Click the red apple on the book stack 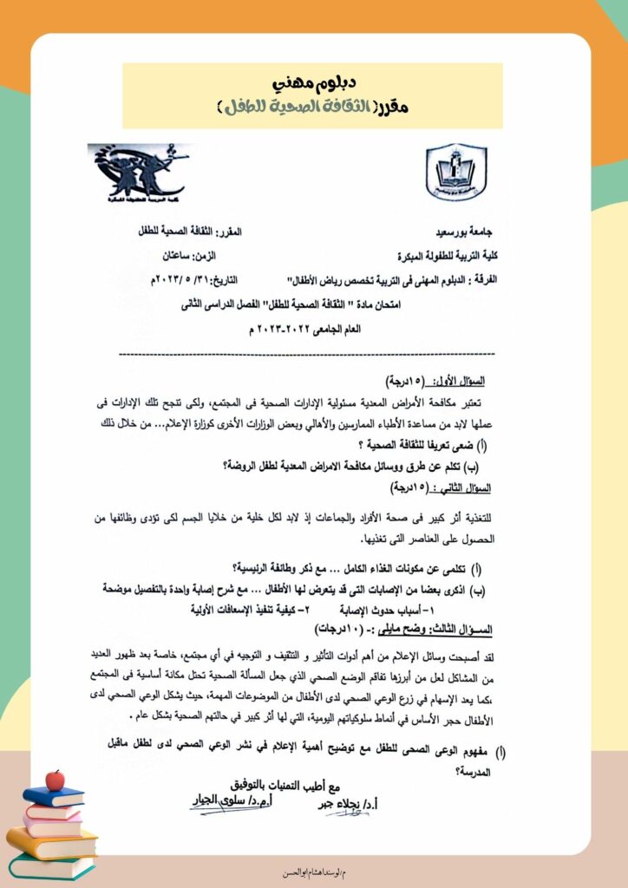click(56, 780)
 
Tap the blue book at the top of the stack click(52, 797)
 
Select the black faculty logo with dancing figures click(136, 170)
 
